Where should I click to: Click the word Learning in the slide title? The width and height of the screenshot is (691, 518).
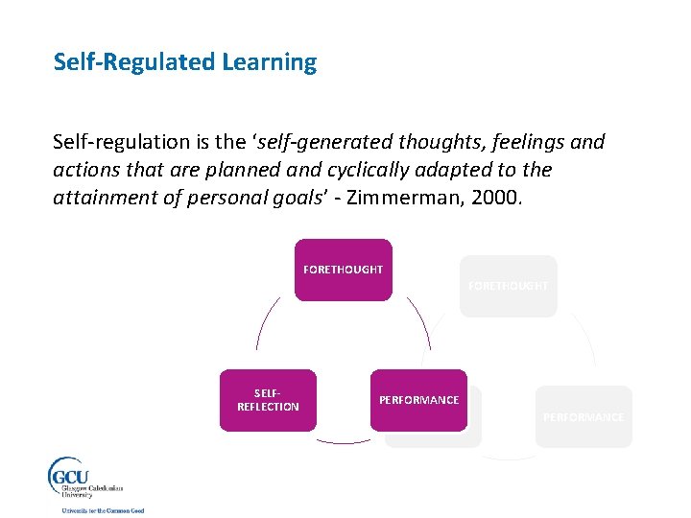(269, 63)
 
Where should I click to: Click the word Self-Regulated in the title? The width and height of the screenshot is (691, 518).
(134, 63)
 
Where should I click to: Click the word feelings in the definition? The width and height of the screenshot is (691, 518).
(518, 143)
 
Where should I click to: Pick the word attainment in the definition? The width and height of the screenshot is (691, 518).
(105, 197)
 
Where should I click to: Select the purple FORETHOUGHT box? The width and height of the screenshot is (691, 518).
(343, 270)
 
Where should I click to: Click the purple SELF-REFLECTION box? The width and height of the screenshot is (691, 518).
(268, 400)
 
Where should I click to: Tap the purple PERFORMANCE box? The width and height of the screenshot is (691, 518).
(418, 400)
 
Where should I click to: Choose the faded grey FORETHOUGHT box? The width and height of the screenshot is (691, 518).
(508, 286)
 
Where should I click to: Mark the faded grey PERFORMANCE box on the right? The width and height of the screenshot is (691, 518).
(584, 416)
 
